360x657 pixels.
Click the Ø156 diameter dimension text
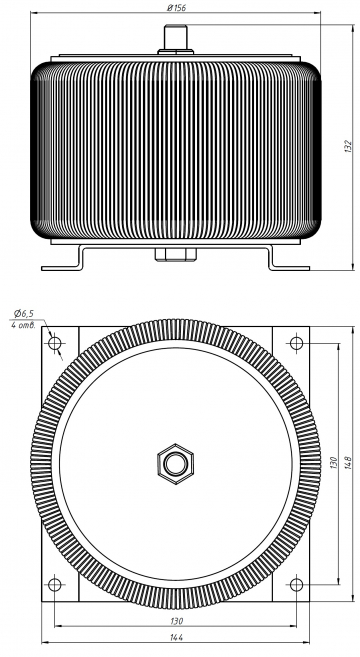pos(176,8)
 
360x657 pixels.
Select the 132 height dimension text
pos(348,146)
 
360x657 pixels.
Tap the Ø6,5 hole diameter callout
pos(23,313)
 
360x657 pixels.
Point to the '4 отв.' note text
pos(23,325)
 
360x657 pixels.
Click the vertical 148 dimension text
pos(348,462)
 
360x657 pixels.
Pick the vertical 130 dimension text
pos(334,463)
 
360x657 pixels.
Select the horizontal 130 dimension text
pos(176,621)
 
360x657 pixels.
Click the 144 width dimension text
pos(176,637)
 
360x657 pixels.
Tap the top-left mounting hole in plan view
pos(54,343)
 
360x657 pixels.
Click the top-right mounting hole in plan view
pos(296,343)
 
